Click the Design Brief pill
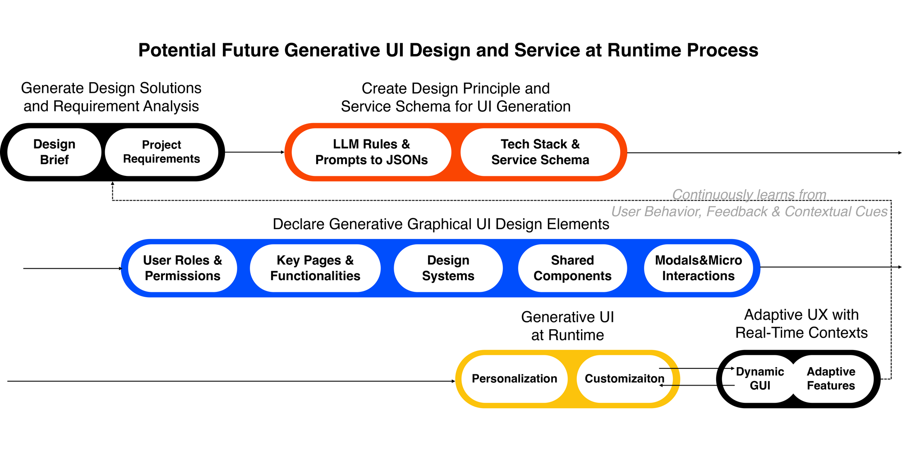click(55, 152)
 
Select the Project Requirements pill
click(161, 152)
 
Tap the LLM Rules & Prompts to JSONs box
click(371, 152)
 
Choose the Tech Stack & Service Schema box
click(540, 152)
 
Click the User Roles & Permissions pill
click(183, 268)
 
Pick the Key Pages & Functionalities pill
click(315, 268)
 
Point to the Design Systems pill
click(448, 268)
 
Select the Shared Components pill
click(572, 268)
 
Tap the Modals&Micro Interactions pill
click(698, 268)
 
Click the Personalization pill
click(514, 379)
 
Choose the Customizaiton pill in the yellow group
click(624, 379)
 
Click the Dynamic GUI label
click(760, 379)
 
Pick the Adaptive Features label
click(831, 379)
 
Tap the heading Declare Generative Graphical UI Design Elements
click(441, 224)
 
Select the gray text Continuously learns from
click(749, 194)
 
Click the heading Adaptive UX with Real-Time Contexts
click(801, 324)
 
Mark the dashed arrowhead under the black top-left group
click(112, 184)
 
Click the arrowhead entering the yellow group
click(453, 381)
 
